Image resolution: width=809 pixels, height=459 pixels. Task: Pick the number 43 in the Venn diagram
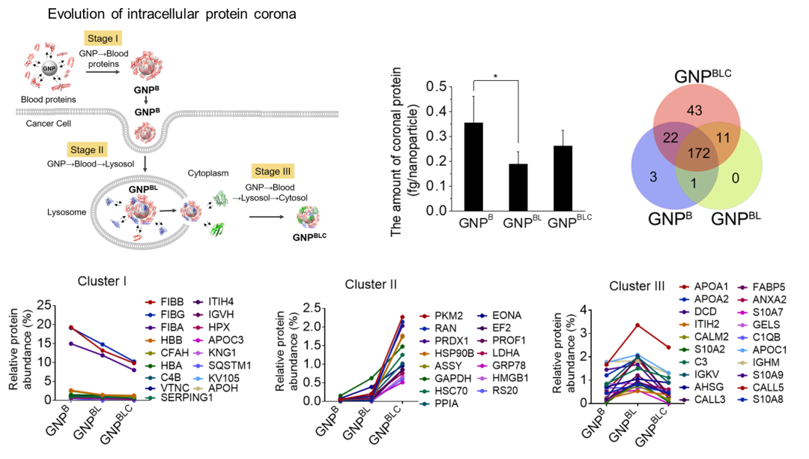coord(694,110)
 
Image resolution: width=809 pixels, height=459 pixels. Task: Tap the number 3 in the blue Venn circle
coord(653,177)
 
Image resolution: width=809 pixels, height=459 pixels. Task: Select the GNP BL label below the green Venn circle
coord(736,219)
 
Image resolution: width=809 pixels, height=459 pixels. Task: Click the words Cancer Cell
coord(49,123)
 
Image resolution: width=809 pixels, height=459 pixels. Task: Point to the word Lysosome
coord(67,212)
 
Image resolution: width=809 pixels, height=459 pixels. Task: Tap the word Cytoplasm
coord(207,173)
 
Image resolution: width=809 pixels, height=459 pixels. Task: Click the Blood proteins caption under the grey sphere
coord(49,99)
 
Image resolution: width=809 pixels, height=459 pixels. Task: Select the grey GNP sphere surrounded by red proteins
coord(49,68)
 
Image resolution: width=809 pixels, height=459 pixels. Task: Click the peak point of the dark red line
coord(637,325)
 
